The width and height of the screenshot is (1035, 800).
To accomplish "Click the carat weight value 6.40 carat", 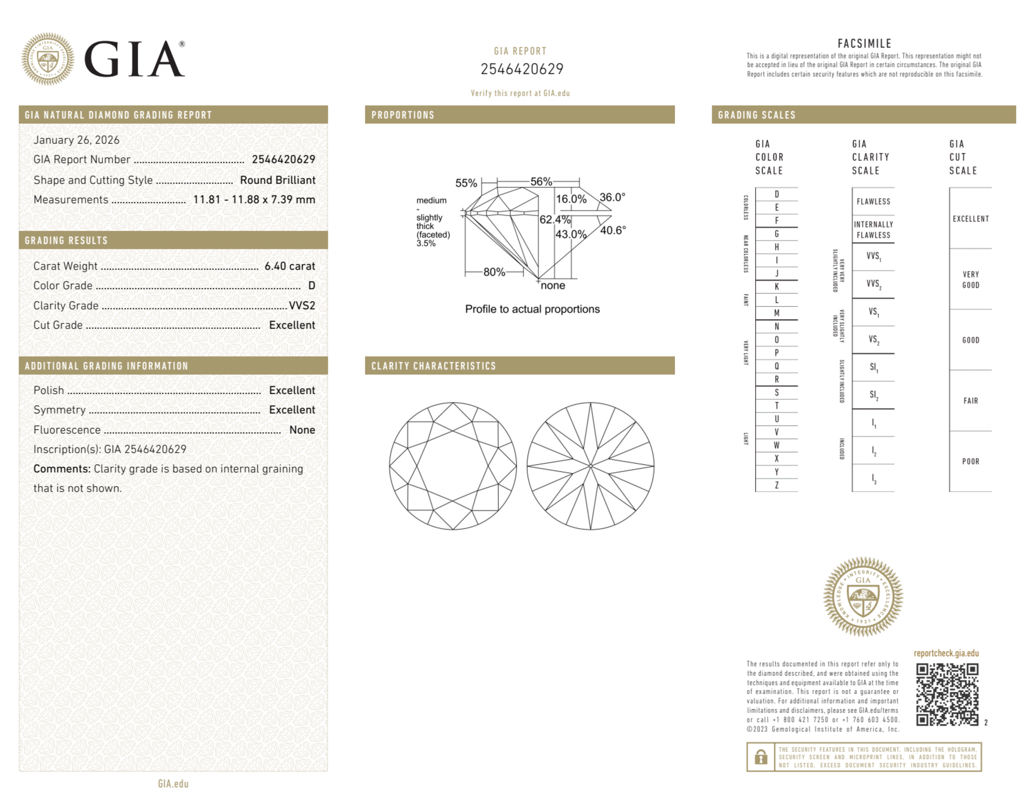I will tap(289, 266).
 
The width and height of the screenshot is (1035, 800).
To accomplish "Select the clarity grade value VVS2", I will tap(302, 305).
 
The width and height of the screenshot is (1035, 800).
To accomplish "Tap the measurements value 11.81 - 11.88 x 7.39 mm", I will tap(253, 200).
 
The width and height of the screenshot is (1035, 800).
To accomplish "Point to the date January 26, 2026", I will tap(76, 140).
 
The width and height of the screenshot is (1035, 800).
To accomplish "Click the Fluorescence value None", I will tap(302, 429).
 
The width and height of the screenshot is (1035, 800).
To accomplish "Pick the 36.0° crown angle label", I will tap(612, 197).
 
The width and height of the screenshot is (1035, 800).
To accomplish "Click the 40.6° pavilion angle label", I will tap(613, 230).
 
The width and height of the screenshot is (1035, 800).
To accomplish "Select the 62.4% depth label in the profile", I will tap(554, 219).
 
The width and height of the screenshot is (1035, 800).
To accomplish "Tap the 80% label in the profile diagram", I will tap(494, 272).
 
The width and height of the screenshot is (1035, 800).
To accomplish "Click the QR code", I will tap(947, 694).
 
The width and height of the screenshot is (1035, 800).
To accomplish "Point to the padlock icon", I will tap(760, 757).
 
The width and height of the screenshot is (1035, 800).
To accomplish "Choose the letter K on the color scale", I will tap(776, 287).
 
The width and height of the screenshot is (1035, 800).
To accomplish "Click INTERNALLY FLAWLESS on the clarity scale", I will tap(873, 230).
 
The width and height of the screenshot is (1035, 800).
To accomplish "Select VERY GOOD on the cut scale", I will tap(970, 279).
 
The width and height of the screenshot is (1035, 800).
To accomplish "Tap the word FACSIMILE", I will tap(864, 43).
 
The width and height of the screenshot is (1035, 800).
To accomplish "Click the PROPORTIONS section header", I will tap(402, 115).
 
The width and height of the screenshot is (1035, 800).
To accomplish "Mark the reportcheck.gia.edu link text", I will tap(946, 653).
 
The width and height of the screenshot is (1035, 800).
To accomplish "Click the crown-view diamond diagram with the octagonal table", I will tap(453, 466).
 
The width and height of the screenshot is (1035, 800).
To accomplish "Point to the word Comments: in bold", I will tap(62, 469).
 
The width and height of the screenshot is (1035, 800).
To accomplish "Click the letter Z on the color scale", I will tap(776, 485).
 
